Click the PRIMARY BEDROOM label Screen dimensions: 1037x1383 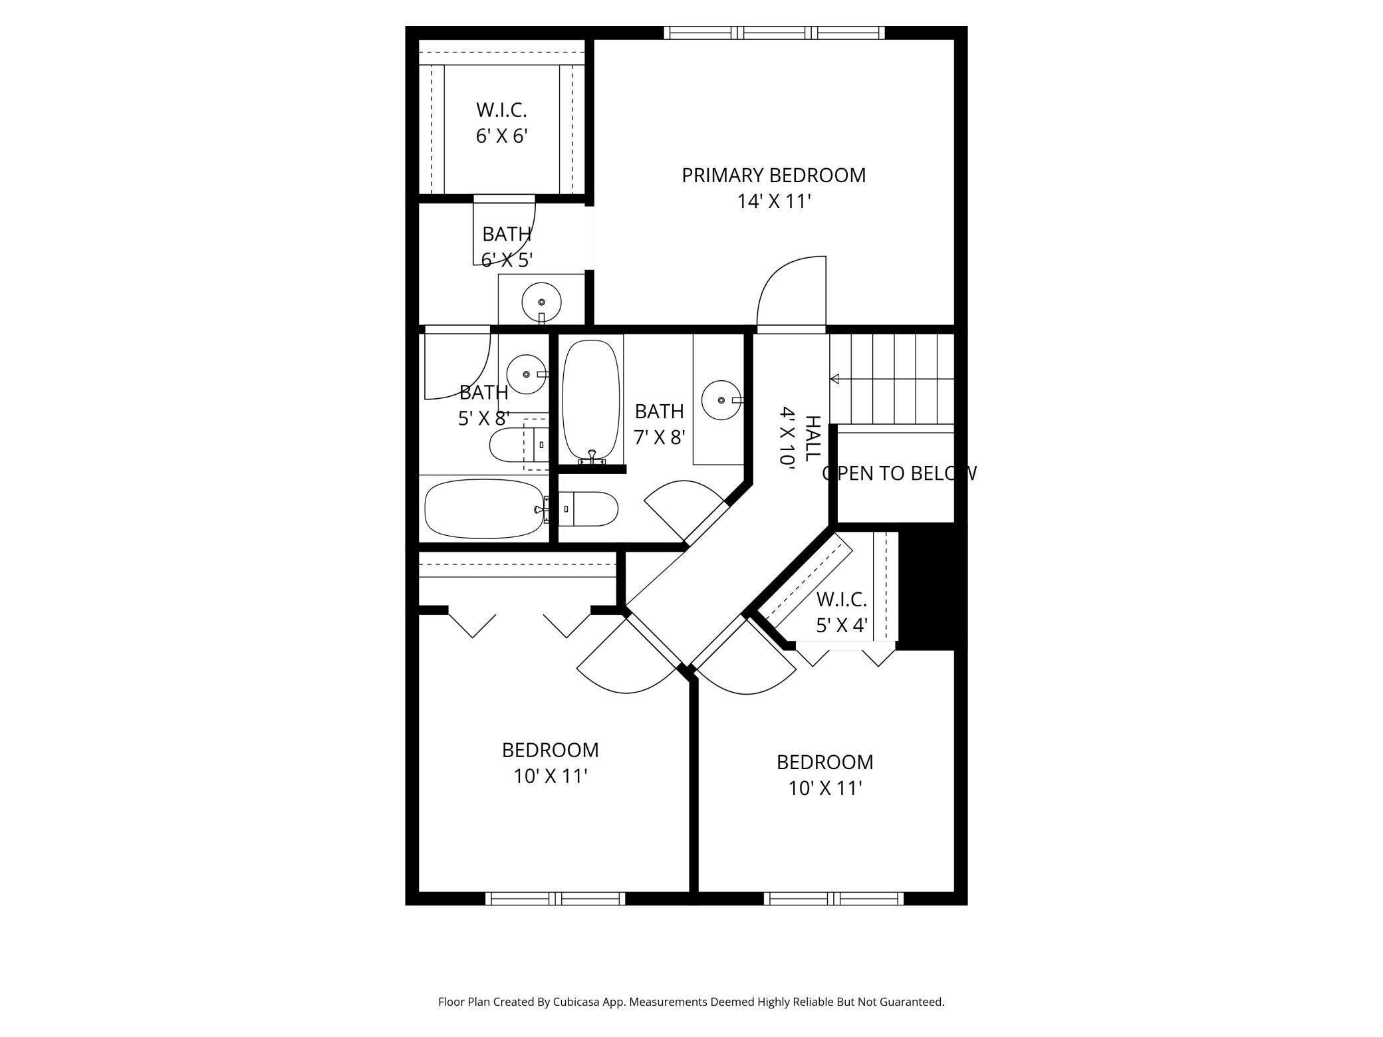point(773,175)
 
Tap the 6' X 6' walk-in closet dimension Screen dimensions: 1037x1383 point(501,136)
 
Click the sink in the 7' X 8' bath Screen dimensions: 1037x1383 point(721,400)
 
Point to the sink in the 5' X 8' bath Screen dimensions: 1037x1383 point(526,374)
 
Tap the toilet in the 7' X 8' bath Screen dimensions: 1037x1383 point(588,509)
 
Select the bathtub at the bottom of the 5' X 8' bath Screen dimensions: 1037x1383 point(484,509)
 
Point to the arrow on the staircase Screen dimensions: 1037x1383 point(834,379)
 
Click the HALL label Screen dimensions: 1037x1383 point(813,439)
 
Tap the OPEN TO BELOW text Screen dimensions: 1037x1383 point(898,473)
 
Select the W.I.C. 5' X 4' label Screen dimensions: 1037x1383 point(841,612)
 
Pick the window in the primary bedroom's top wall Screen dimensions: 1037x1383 point(774,33)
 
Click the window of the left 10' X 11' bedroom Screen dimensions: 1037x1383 point(555,899)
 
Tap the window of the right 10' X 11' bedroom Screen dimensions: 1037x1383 point(833,899)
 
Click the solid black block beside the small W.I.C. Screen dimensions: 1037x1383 point(931,585)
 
